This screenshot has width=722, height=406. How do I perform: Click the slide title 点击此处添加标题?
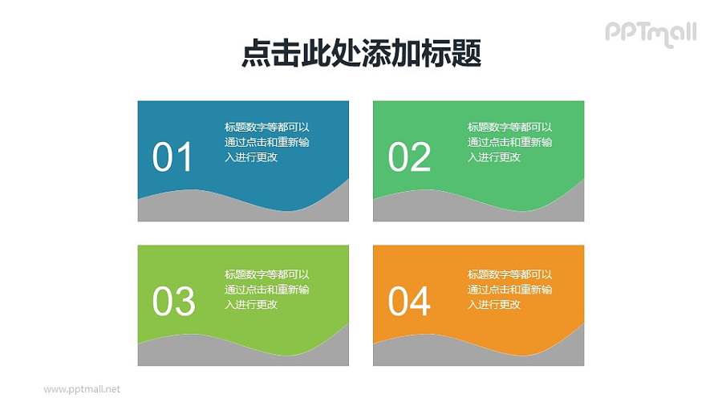(361, 54)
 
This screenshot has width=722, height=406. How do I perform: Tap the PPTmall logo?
(650, 33)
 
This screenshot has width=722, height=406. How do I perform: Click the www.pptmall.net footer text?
(81, 389)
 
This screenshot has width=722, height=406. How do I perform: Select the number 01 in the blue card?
(172, 157)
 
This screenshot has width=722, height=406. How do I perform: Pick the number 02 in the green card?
(409, 157)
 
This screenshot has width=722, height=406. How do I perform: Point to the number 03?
(173, 302)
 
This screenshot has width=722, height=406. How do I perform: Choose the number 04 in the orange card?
(409, 302)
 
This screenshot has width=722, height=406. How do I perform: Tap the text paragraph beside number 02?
(510, 142)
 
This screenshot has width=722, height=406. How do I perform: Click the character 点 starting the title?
(255, 54)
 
